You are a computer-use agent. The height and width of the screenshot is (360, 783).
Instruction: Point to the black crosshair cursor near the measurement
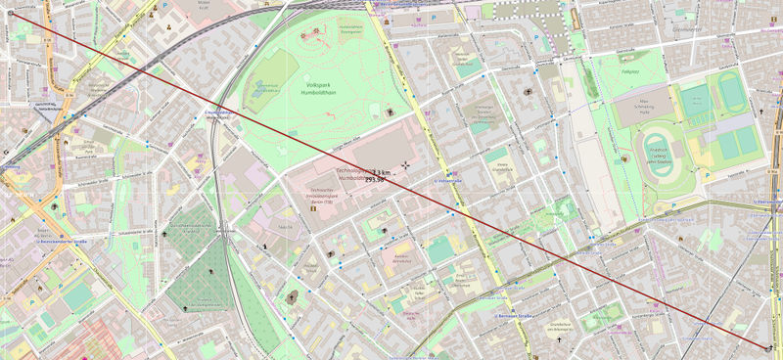406,167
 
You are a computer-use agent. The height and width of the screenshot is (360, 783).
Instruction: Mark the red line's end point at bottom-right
770,347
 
